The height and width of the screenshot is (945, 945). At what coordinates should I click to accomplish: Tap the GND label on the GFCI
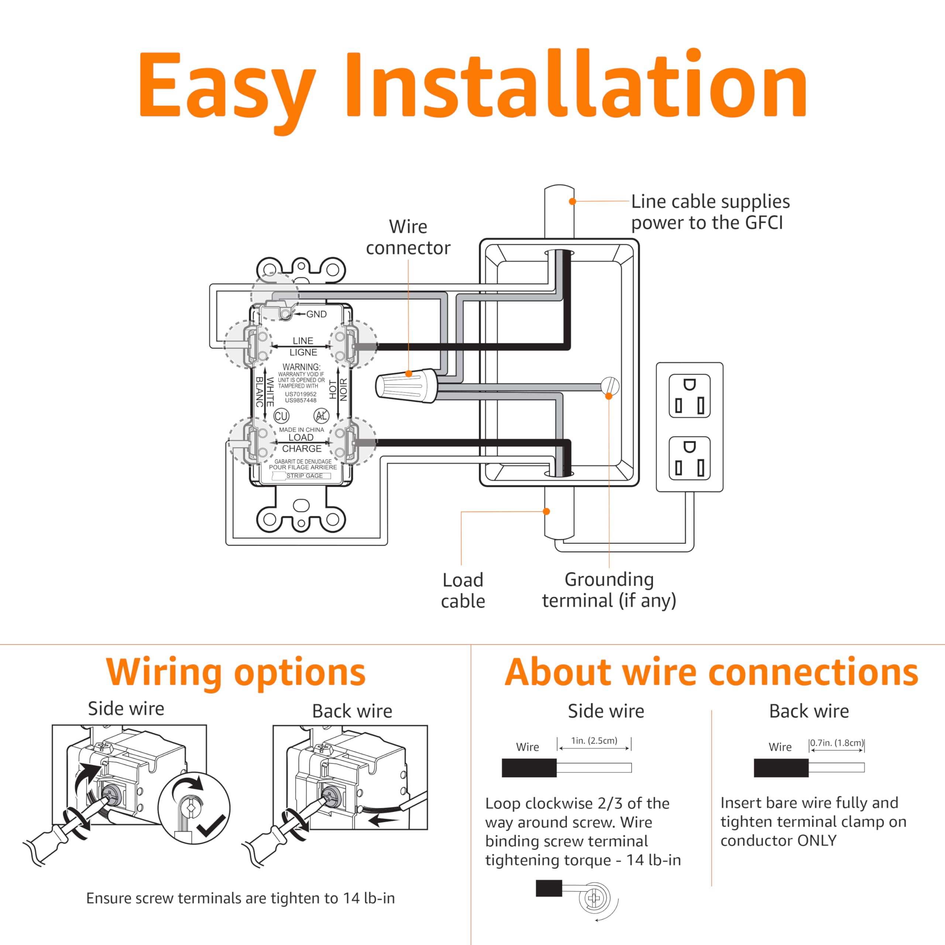click(316, 314)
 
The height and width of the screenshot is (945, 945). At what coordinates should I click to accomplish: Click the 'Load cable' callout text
click(463, 590)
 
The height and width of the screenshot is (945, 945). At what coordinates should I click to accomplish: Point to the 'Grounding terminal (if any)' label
click(609, 590)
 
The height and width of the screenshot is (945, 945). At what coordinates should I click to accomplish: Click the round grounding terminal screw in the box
click(609, 386)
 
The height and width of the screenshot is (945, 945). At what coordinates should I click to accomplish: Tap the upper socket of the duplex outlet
click(689, 395)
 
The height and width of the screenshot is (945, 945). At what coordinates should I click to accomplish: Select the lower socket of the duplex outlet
click(689, 458)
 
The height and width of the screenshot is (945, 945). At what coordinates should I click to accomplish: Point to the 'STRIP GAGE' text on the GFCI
click(304, 476)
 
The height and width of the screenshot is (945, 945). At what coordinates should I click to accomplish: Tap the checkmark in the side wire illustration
click(212, 826)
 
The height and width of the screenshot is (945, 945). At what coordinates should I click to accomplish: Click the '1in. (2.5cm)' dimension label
click(594, 740)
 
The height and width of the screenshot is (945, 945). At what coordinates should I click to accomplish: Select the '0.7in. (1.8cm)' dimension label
click(836, 742)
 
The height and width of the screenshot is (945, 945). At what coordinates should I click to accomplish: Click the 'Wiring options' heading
click(236, 673)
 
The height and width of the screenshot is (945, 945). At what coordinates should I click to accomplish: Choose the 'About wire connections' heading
click(711, 673)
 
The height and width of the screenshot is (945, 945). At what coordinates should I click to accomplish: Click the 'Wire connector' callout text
click(408, 237)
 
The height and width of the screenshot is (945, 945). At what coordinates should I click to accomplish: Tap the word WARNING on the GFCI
click(301, 367)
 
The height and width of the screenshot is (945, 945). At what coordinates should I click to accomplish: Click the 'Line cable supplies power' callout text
click(710, 212)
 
